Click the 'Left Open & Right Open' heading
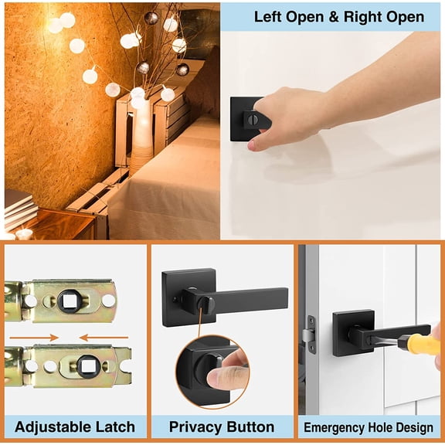[x=339, y=16]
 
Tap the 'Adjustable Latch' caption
[x=75, y=426]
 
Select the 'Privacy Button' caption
[x=222, y=426]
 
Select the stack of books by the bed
[x=19, y=207]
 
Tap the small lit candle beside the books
[x=24, y=233]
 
